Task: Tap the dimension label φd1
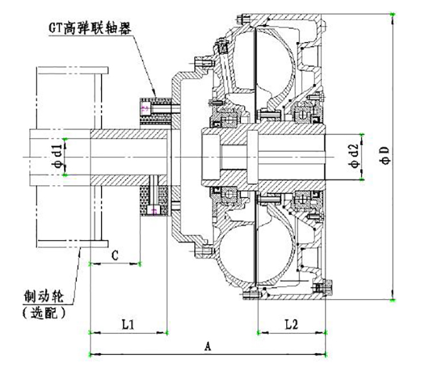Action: click(58, 156)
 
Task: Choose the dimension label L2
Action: click(291, 323)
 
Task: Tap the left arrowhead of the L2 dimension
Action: click(258, 332)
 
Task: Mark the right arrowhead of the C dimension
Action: click(141, 264)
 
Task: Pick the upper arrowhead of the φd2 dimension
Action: click(363, 133)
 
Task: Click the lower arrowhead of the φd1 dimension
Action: click(65, 175)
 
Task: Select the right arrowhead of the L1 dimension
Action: click(167, 332)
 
